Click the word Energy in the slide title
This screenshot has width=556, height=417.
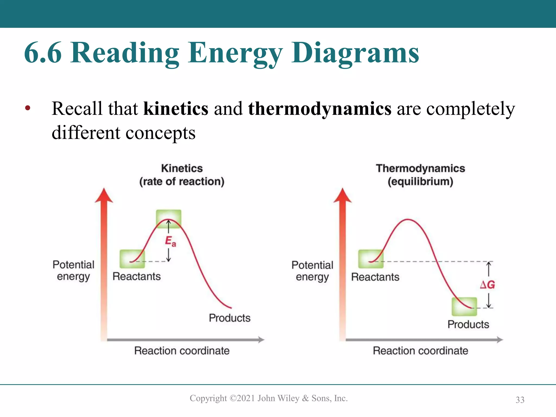pos(235,53)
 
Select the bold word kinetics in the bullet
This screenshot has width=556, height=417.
pos(176,109)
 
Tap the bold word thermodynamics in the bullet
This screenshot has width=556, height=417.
pos(320,109)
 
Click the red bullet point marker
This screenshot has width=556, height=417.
pos(28,108)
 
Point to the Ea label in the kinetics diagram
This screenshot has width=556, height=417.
pos(170,241)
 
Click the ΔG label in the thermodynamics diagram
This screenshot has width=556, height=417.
pos(488,285)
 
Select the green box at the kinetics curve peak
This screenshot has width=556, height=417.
pos(169,219)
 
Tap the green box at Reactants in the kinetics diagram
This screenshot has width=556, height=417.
pos(132,259)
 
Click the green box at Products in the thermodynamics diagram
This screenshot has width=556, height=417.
pos(464,307)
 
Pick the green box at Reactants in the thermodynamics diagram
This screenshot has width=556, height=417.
pos(371,259)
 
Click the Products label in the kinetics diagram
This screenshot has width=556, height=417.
pos(230,318)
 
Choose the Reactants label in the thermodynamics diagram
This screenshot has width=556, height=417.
pos(375,277)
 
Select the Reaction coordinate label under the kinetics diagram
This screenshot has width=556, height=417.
pos(182,351)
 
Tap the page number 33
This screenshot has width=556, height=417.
pos(520,400)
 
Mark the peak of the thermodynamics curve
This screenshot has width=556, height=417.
pos(408,219)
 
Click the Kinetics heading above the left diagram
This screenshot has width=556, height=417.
pos(182,168)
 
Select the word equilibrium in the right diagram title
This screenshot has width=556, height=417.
pos(420,181)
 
